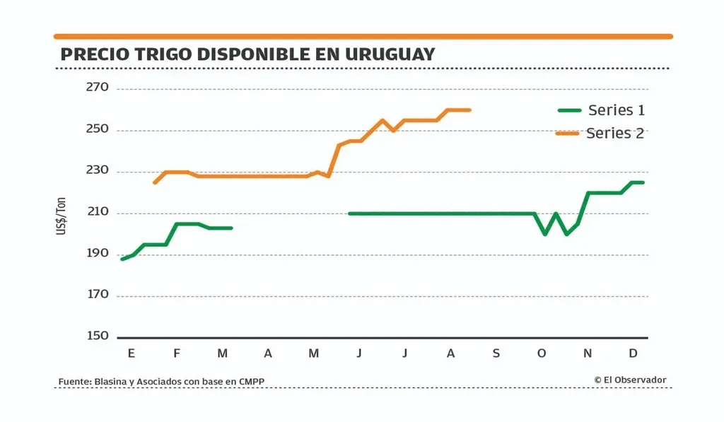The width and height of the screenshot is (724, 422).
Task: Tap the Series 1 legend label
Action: pyautogui.click(x=616, y=110)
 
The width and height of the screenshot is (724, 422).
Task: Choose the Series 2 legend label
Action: pyautogui.click(x=615, y=133)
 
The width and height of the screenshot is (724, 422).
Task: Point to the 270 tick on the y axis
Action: pyautogui.click(x=98, y=88)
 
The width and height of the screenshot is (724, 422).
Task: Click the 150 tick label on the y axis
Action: pyautogui.click(x=98, y=336)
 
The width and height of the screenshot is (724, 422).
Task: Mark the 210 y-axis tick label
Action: pyautogui.click(x=98, y=213)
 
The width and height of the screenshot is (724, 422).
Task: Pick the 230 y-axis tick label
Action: pyautogui.click(x=98, y=171)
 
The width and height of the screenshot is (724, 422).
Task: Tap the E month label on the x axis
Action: pyautogui.click(x=132, y=353)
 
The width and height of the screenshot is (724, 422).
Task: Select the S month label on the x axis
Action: pyautogui.click(x=496, y=353)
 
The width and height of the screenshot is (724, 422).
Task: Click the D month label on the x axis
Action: pyautogui.click(x=633, y=353)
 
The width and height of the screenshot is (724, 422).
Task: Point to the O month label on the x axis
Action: pyautogui.click(x=542, y=353)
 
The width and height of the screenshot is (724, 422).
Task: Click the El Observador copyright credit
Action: pyautogui.click(x=630, y=380)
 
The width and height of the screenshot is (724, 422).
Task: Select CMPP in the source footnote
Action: pyautogui.click(x=252, y=382)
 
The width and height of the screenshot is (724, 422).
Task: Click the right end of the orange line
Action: pyautogui.click(x=470, y=110)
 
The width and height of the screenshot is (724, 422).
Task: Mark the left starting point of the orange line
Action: pyautogui.click(x=155, y=182)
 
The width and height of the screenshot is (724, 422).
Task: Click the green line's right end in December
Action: pyautogui.click(x=643, y=182)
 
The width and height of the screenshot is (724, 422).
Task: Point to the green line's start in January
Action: pyautogui.click(x=122, y=259)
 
